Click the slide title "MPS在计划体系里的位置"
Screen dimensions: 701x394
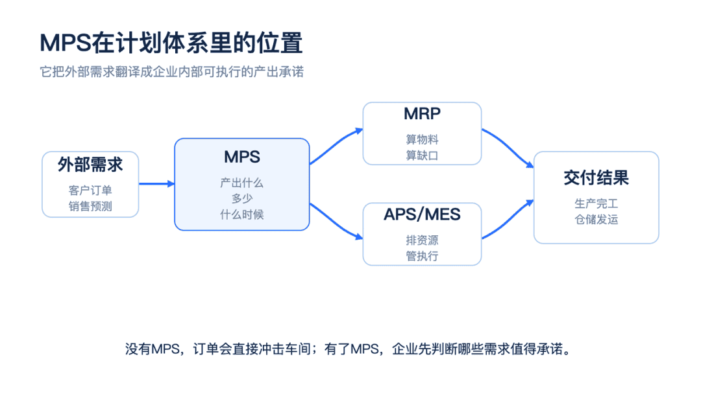(171, 43)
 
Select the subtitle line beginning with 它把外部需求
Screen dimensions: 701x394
(171, 71)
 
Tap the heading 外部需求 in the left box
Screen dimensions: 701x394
(90, 165)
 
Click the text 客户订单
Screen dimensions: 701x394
(90, 190)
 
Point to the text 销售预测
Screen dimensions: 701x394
(90, 206)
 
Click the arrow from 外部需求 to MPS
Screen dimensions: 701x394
(156, 183)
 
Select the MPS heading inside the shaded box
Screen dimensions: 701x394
(242, 157)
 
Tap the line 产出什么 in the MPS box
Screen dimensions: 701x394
(242, 183)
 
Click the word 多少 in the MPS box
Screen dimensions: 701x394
(242, 198)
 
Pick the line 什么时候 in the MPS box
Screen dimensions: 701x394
(242, 214)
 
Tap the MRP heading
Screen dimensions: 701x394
(422, 114)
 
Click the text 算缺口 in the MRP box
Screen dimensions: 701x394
(422, 156)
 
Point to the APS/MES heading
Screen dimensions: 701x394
(422, 214)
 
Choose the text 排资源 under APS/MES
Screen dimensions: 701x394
(422, 240)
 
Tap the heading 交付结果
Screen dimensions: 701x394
(596, 178)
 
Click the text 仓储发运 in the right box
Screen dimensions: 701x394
(596, 220)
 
